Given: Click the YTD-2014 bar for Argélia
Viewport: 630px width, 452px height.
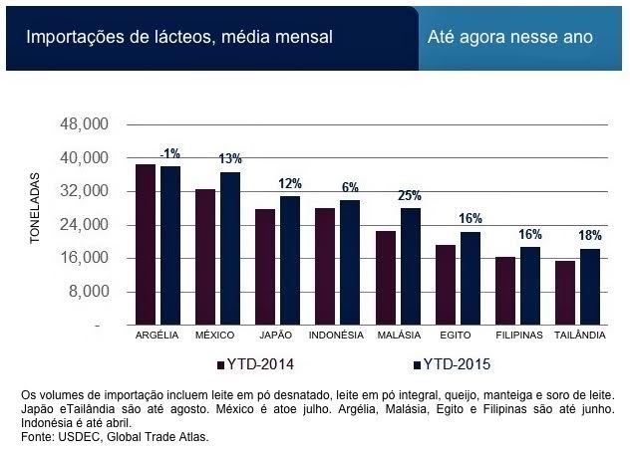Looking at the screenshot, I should [x=146, y=245].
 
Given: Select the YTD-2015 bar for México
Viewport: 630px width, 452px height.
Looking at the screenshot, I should [x=230, y=249].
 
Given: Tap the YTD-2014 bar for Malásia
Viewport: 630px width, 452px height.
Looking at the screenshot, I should [x=385, y=278].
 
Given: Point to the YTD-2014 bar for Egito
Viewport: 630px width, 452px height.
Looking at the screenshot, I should [x=445, y=285].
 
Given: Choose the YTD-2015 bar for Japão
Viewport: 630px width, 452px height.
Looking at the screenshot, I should [x=290, y=261].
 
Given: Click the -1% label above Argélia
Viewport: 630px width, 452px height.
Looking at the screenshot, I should [x=170, y=153].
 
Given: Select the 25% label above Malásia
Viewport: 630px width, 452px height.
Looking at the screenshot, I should [x=410, y=195].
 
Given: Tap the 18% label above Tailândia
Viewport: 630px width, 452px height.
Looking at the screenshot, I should [x=590, y=236].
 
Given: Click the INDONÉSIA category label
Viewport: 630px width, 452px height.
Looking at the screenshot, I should [x=336, y=336].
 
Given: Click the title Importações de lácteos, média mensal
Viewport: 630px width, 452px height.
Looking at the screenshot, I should [x=179, y=38].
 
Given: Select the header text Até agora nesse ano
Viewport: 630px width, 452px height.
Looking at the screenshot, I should [x=510, y=38].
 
